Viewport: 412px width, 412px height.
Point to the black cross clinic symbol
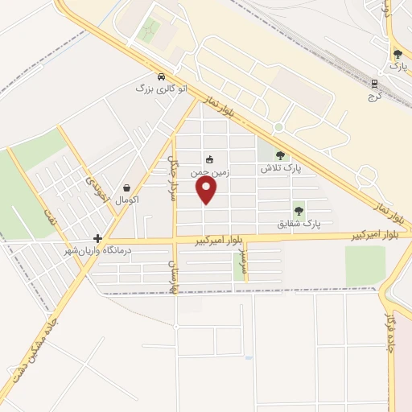pos(97,239)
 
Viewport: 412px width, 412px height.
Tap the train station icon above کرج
pos(374,83)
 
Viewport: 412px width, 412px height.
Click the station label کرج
pos(373,96)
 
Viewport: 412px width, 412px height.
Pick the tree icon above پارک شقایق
pos(299,210)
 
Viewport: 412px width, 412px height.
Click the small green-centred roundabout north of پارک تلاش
pos(278,127)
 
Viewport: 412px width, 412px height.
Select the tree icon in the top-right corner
pos(398,55)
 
